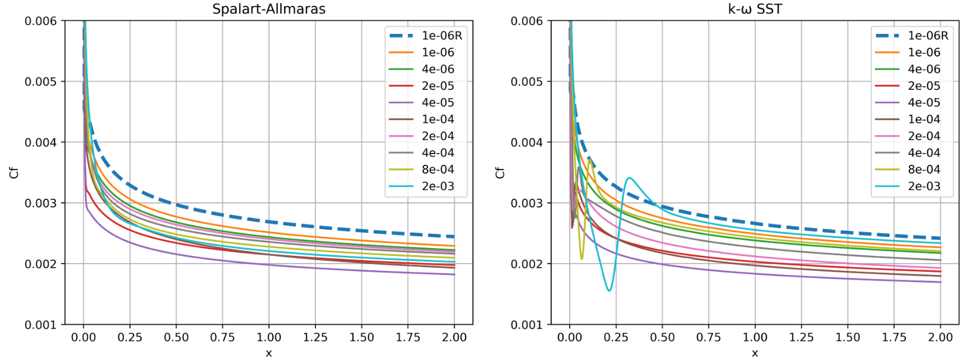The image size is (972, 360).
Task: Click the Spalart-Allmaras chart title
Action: [x=268, y=9]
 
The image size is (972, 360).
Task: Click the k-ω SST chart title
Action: [x=755, y=9]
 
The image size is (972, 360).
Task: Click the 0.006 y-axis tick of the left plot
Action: [x=40, y=21]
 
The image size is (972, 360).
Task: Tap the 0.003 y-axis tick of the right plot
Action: [x=527, y=203]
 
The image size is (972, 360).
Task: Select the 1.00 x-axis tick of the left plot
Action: [x=269, y=337]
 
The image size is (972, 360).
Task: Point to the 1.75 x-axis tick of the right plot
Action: [x=894, y=337]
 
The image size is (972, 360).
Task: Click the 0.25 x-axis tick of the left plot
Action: [x=130, y=337]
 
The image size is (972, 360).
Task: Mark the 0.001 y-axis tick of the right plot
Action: [x=527, y=325]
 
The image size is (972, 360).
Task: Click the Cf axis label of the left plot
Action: [x=14, y=173]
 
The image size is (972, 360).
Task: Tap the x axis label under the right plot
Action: [x=755, y=353]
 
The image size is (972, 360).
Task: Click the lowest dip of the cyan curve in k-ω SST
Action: [x=609, y=290]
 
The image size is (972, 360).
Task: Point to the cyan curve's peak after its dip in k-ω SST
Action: [x=629, y=178]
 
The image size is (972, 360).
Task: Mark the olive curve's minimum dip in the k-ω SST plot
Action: [x=582, y=259]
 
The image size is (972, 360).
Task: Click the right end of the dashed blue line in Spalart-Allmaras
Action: [x=454, y=237]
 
